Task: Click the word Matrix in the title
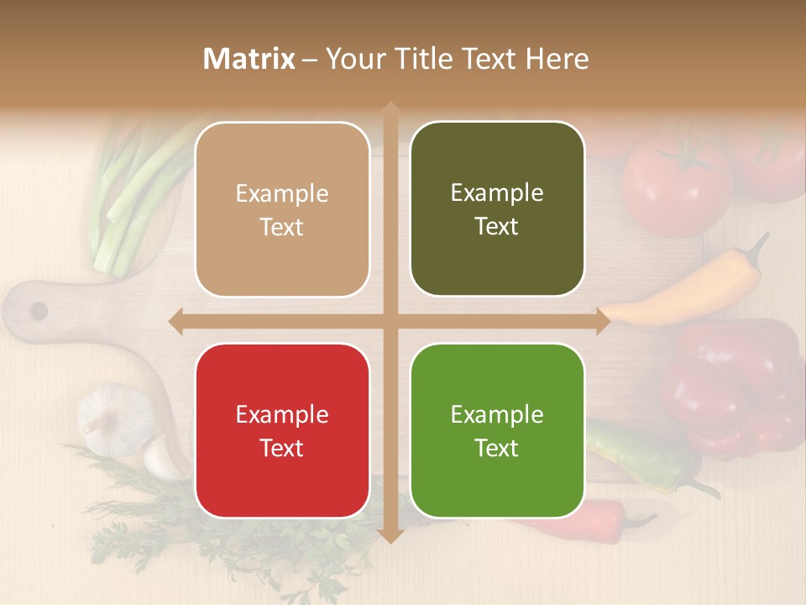click(249, 59)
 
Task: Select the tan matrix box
click(282, 209)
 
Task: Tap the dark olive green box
click(497, 208)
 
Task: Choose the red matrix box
click(282, 430)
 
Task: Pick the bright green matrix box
click(497, 430)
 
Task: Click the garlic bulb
click(113, 416)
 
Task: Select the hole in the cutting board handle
click(39, 311)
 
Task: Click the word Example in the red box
click(282, 414)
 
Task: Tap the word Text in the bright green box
click(497, 448)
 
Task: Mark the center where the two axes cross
click(390, 321)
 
